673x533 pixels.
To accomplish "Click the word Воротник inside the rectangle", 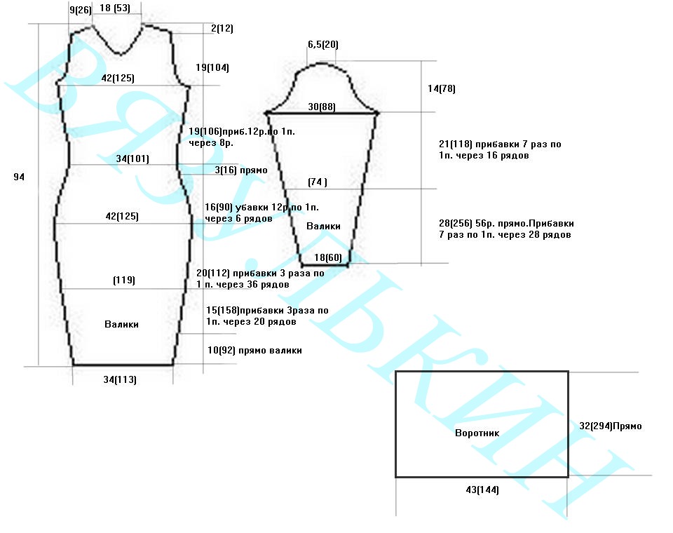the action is click(477, 433).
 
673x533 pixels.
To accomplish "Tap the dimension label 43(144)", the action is click(482, 490).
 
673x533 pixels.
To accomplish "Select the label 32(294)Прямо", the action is click(610, 426).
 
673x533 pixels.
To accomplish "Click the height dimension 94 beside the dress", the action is click(19, 177).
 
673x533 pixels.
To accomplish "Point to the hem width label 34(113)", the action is click(119, 379).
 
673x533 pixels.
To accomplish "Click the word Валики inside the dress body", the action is click(121, 324).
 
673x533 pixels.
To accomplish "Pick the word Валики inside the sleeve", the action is click(323, 226).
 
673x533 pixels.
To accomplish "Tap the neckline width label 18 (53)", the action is click(114, 8).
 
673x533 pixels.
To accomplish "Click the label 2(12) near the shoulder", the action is click(222, 29).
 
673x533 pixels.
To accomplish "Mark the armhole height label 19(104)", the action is click(212, 68).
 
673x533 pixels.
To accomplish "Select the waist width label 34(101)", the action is click(132, 158).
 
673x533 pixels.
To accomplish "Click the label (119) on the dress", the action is click(123, 280).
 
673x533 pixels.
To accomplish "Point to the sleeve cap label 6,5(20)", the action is click(322, 45).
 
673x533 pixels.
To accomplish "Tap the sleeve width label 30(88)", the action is click(322, 107).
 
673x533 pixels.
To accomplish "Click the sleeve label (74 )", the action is click(318, 182).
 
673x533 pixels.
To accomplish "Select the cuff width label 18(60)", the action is click(328, 257).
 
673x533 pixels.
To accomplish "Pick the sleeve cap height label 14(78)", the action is click(442, 89).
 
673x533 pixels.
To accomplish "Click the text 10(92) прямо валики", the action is click(254, 350).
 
